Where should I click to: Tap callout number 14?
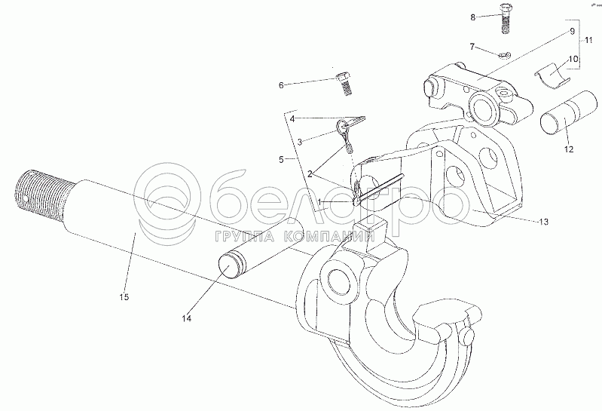coord(186,319)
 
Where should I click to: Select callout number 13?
coord(543,221)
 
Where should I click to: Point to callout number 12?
coord(568,150)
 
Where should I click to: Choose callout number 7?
coord(472,47)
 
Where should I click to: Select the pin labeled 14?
coord(256,245)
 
